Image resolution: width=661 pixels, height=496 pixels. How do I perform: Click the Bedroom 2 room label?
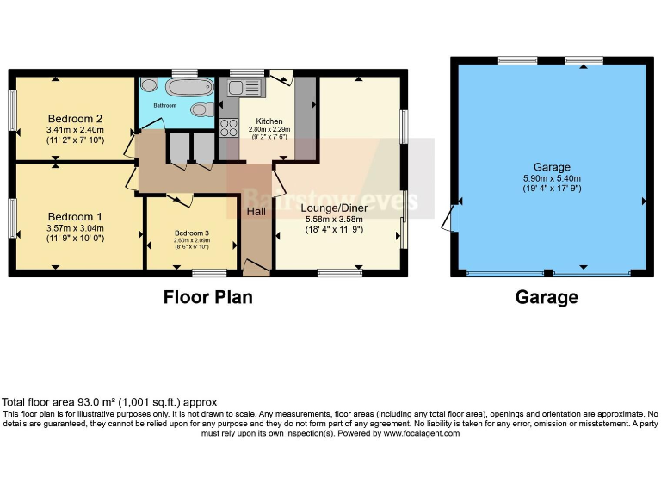coord(75,119)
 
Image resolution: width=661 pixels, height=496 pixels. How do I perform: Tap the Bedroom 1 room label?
coord(75,216)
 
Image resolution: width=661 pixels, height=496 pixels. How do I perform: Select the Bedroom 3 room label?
coord(191,233)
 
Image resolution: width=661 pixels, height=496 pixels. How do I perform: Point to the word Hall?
coord(256,212)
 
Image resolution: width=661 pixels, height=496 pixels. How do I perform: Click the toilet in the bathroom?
coord(201,109)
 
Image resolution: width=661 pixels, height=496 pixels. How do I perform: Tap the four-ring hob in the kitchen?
coord(230,128)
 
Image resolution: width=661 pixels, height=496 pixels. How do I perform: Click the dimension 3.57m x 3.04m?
coord(75,228)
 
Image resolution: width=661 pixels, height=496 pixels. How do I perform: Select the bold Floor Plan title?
coord(207,297)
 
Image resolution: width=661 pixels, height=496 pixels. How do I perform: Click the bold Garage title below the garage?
coord(547,297)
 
